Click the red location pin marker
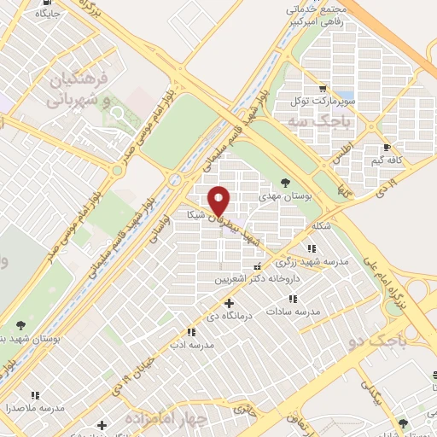click(220, 200)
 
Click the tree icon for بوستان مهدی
click(285, 183)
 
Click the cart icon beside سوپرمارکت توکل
click(322, 87)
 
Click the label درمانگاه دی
click(229, 316)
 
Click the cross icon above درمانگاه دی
click(229, 303)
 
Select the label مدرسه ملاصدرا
click(35, 407)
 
